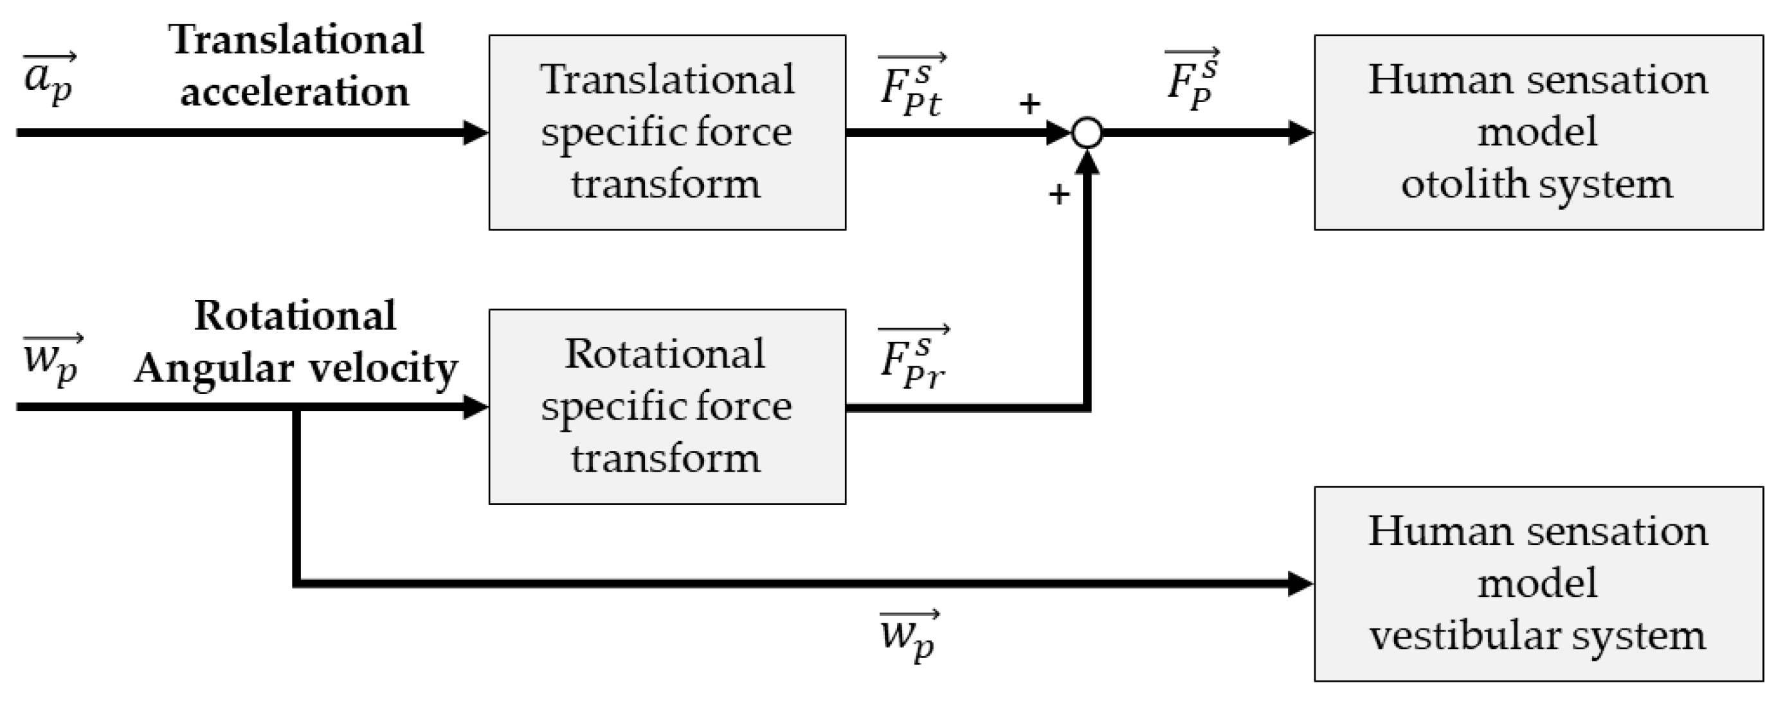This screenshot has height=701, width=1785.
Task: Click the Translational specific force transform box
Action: [x=667, y=132]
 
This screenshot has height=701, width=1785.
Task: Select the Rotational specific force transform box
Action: [x=667, y=407]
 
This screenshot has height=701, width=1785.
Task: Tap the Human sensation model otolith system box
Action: [x=1538, y=132]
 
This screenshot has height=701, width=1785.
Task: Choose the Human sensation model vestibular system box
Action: [x=1538, y=583]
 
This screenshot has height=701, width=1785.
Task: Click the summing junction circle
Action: [x=1087, y=132]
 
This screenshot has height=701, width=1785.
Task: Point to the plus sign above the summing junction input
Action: [x=1029, y=104]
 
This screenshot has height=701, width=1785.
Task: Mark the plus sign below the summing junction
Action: [x=1059, y=195]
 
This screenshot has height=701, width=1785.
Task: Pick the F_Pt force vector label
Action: [x=911, y=87]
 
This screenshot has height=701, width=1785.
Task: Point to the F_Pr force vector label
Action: [x=912, y=360]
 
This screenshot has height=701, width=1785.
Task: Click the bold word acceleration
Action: [x=294, y=92]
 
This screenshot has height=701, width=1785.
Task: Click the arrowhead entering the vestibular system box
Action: [x=1300, y=583]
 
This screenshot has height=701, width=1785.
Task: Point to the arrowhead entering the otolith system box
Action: [x=1300, y=132]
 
